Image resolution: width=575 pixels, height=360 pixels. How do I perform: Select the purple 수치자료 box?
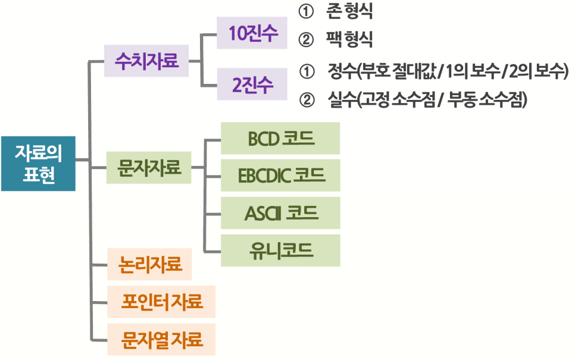(146, 61)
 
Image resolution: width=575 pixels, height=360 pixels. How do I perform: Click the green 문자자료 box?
(149, 168)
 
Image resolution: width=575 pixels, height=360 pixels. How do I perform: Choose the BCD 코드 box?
(280, 139)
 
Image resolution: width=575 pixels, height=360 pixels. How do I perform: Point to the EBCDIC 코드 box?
(280, 176)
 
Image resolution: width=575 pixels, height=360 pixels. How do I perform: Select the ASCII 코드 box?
(280, 212)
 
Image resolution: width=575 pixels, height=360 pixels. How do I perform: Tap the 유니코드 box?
(280, 250)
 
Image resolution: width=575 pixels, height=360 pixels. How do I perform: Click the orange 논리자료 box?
(149, 264)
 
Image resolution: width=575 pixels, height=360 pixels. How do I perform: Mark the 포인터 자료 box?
(161, 302)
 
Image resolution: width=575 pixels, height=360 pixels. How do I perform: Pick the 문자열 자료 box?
(161, 340)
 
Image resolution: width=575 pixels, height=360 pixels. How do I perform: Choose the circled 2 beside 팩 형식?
(307, 40)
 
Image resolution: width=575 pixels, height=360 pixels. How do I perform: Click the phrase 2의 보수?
(535, 71)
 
